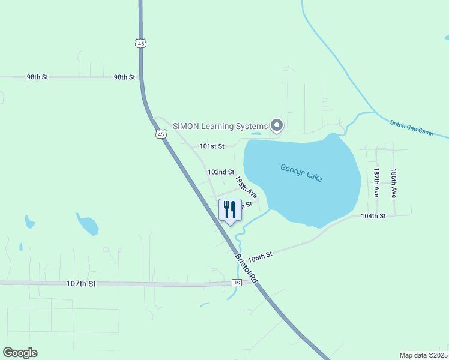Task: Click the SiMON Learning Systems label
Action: pos(220,126)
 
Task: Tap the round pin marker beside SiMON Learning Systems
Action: pos(277,125)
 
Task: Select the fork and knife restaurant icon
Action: pos(230,211)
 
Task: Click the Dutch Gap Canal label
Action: pos(411,128)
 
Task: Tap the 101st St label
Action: pos(212,146)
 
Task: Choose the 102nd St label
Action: pos(220,172)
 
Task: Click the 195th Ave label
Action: pos(246,187)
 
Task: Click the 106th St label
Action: pos(261,256)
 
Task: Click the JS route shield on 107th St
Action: pos(237,283)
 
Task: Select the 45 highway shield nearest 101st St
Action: pos(161,134)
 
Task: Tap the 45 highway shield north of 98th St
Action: pos(140,43)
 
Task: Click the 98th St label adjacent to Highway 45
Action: pos(125,77)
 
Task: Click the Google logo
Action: pos(20,352)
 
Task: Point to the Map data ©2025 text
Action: pos(423,355)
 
